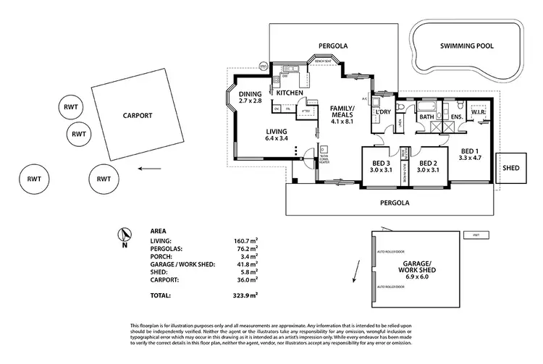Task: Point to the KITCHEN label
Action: click(290, 93)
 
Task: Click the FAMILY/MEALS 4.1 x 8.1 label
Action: click(341, 116)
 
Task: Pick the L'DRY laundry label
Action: click(382, 113)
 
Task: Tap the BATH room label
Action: click(426, 117)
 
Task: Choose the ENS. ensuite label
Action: click(457, 117)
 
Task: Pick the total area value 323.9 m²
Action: click(246, 296)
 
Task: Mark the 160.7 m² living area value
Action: click(246, 240)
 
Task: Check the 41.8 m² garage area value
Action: click(247, 264)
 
